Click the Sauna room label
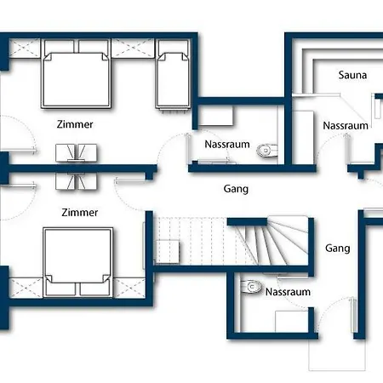click(x=352, y=75)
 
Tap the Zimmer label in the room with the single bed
click(x=75, y=124)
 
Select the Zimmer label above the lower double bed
click(x=80, y=213)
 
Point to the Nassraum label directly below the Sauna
click(x=346, y=126)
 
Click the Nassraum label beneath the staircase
click(x=288, y=292)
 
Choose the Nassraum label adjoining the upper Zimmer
click(x=227, y=145)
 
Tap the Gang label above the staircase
click(x=236, y=189)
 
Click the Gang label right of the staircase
click(x=338, y=249)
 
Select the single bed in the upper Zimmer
click(x=173, y=74)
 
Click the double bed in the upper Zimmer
click(x=76, y=74)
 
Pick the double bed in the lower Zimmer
click(x=78, y=262)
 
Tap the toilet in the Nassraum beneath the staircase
click(x=250, y=287)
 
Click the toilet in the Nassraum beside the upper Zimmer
click(x=267, y=151)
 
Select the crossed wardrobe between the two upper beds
click(x=133, y=49)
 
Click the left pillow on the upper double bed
click(x=60, y=46)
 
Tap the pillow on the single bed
click(x=173, y=46)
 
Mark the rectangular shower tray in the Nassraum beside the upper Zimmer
click(x=215, y=116)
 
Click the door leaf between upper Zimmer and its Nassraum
click(x=187, y=148)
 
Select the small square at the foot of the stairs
click(x=168, y=252)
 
